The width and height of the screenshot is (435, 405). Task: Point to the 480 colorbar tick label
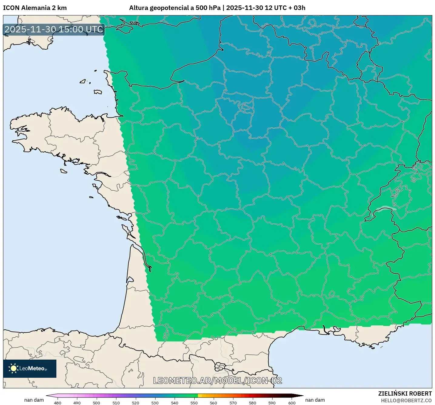tap(58, 403)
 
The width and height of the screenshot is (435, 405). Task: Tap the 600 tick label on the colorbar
tap(292, 403)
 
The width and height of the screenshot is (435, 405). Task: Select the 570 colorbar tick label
tap(233, 403)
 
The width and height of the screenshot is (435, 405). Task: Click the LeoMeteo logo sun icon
tap(13, 368)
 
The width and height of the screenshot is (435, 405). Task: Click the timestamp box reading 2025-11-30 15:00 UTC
tap(54, 29)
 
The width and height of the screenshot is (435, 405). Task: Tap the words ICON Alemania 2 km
tap(35, 8)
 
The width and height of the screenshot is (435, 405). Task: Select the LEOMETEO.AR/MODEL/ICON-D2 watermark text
tap(218, 380)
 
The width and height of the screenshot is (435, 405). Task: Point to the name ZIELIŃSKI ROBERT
tap(405, 393)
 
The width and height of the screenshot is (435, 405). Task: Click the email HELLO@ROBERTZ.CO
tap(406, 400)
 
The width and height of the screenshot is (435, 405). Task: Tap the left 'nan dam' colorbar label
tap(34, 400)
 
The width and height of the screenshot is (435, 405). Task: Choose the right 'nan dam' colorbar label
tap(315, 400)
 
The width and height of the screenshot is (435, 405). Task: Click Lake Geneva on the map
tap(385, 209)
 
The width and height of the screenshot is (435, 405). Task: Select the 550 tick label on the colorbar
tap(194, 403)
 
